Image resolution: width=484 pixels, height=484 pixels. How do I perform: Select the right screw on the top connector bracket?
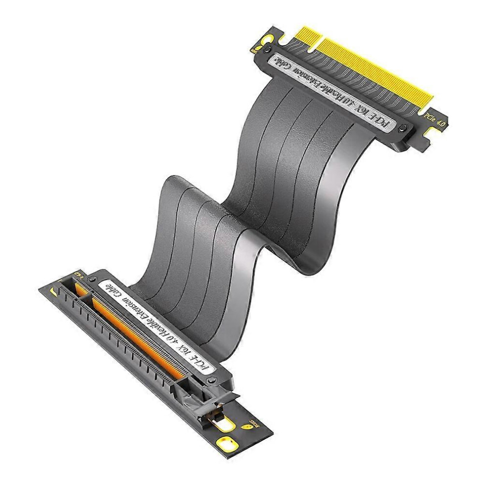[x=402, y=129]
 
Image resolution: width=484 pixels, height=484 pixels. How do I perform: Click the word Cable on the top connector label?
[x=287, y=64]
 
